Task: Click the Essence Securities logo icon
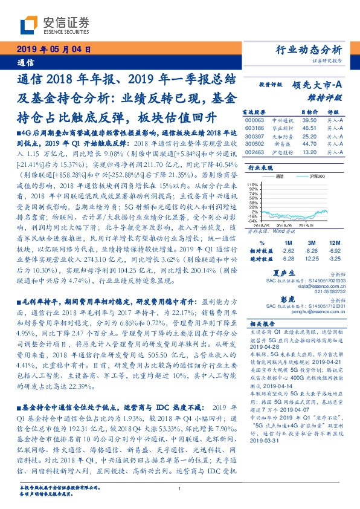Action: pos(29,24)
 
